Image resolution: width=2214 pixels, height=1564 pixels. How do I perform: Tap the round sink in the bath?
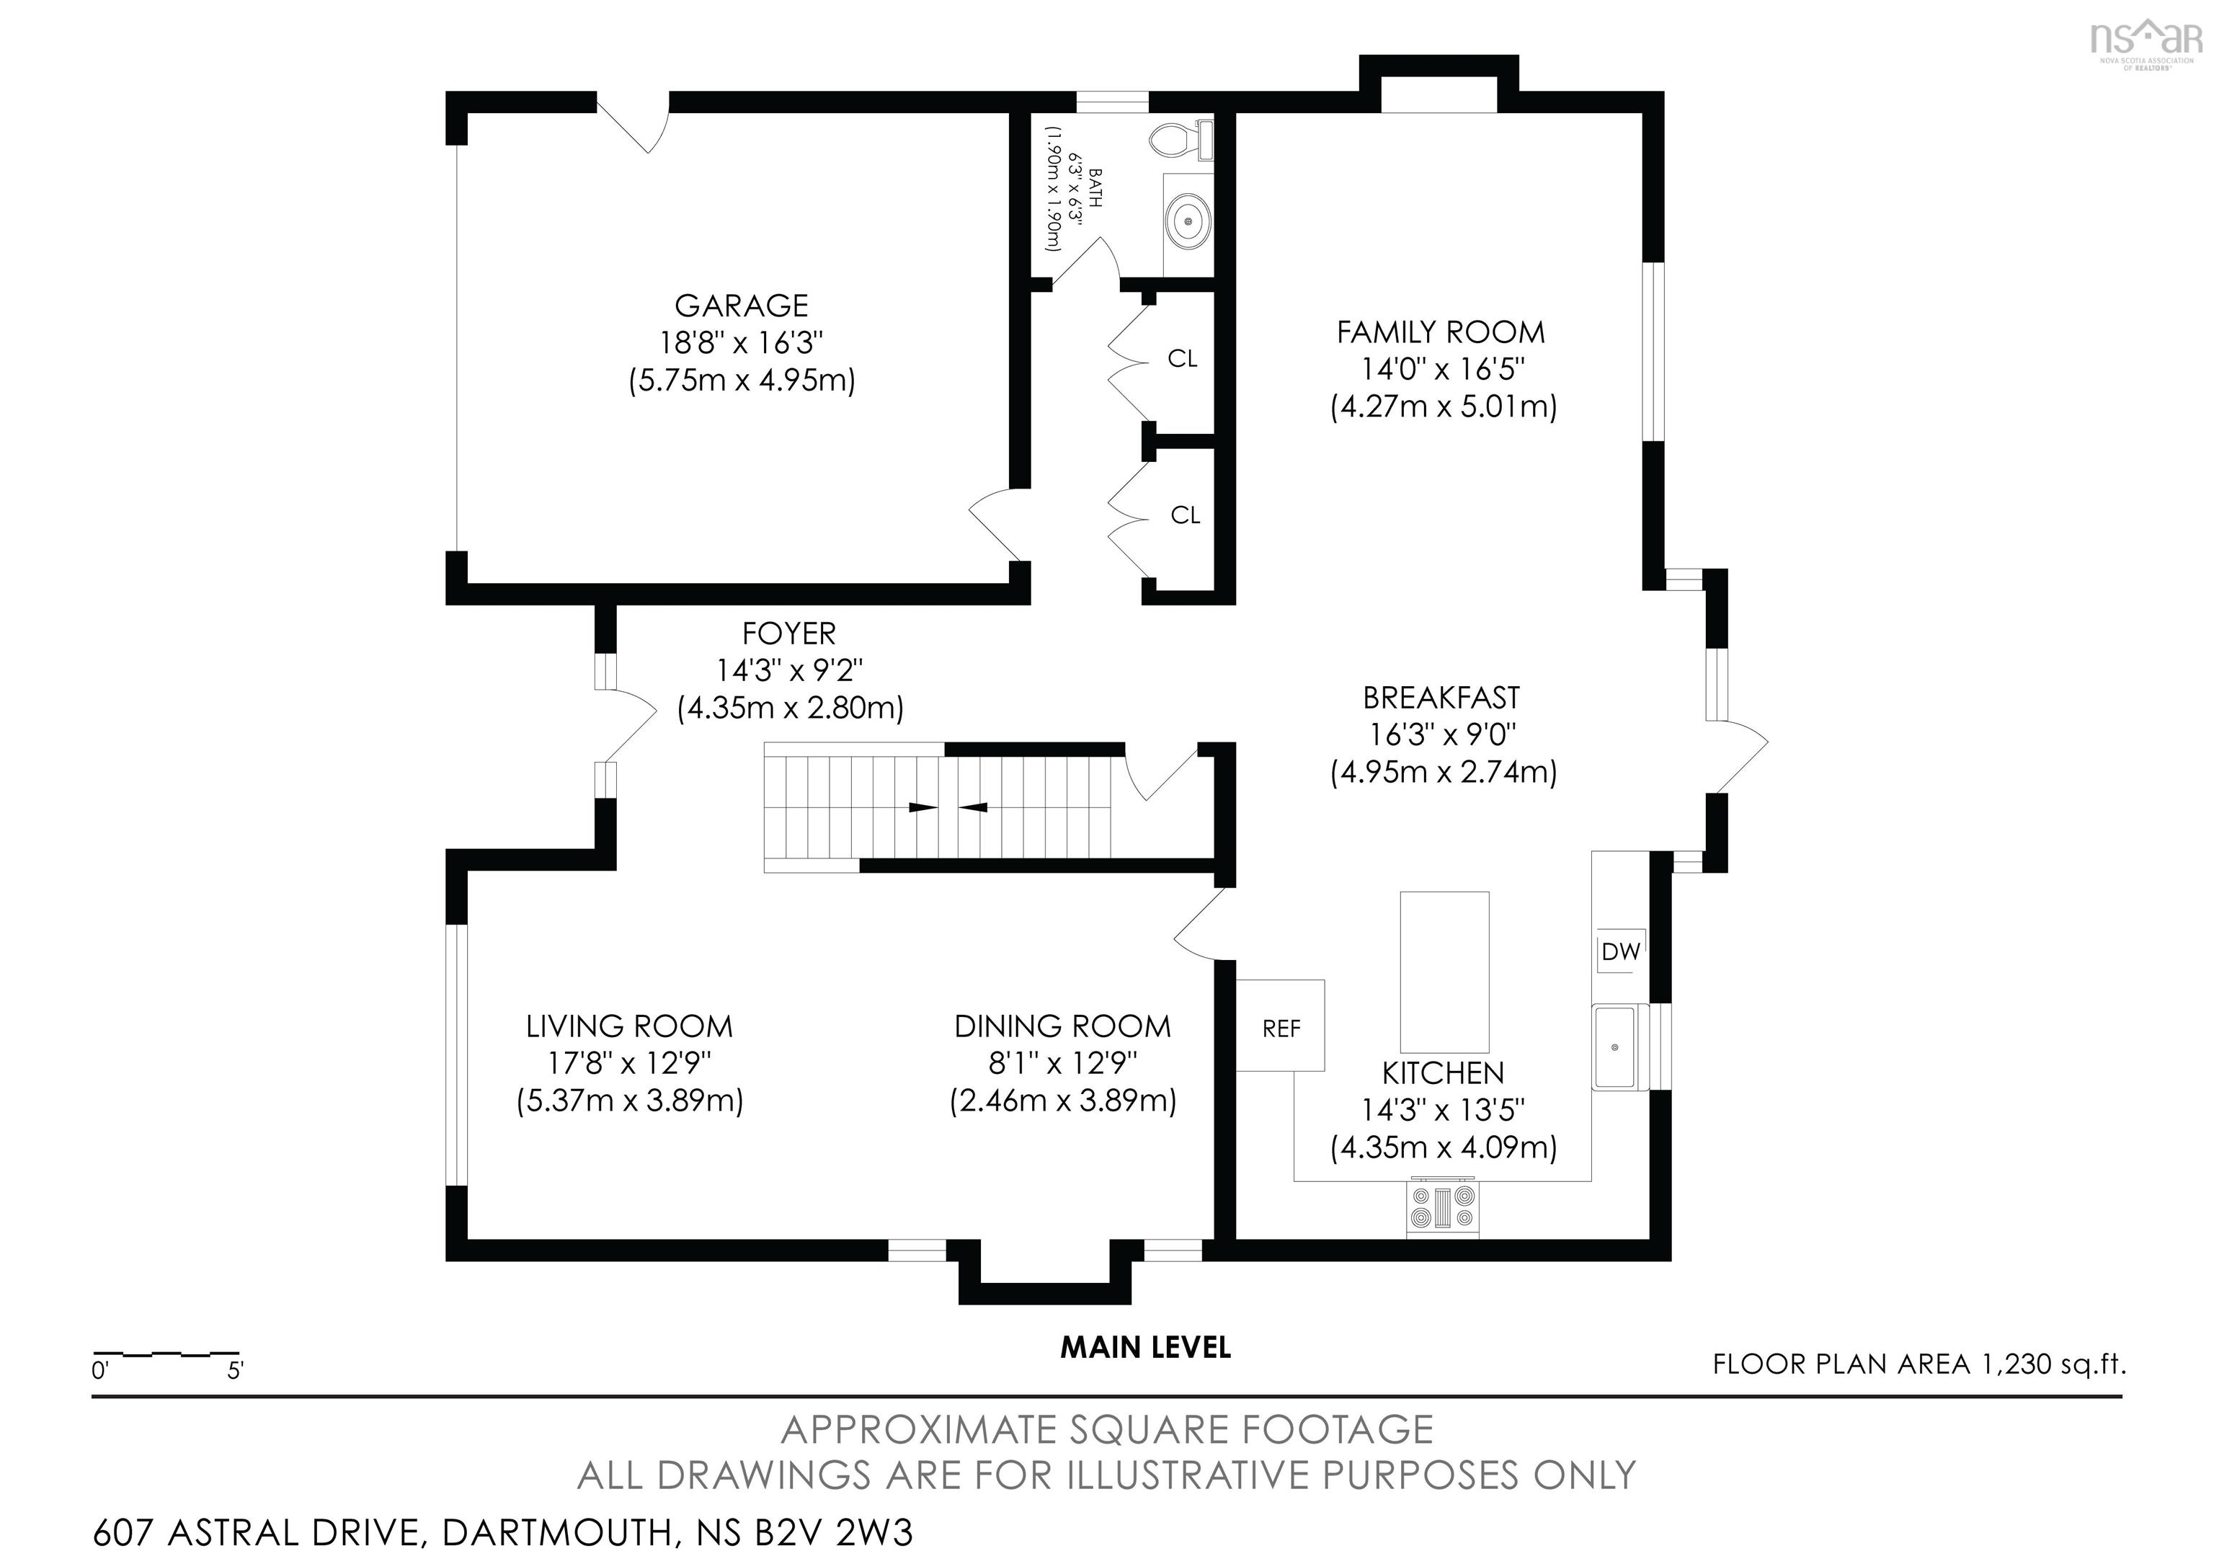1187,222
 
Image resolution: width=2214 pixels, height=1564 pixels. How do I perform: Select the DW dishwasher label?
1620,951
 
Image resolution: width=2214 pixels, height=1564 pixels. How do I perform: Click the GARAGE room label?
741,306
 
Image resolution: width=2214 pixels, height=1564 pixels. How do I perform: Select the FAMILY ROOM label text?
1441,333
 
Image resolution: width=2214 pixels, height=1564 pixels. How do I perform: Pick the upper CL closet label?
1182,359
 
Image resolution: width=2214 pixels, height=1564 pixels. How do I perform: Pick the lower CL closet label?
1185,516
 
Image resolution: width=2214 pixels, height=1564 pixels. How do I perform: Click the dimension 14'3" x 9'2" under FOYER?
788,670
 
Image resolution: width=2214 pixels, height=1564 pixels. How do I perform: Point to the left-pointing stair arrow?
973,807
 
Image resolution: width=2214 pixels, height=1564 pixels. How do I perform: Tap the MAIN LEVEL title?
1146,1347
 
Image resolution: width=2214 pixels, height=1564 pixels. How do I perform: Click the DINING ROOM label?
1062,1026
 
